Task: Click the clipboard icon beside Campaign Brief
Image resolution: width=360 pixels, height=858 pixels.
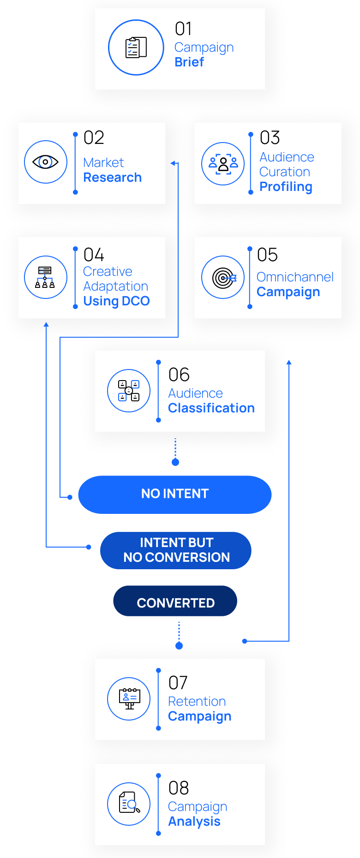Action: tap(136, 48)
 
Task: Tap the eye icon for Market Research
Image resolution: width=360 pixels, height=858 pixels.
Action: tap(45, 162)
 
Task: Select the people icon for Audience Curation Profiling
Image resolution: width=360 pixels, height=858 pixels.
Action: tap(223, 164)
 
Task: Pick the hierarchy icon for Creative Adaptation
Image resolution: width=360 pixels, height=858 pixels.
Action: tap(45, 277)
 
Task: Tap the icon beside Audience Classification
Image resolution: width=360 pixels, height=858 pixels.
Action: tap(129, 391)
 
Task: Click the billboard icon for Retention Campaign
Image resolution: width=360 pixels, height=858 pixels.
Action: tap(129, 699)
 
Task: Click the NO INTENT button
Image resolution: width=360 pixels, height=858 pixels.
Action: tap(175, 495)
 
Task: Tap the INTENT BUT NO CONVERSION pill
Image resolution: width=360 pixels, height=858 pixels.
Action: tap(176, 550)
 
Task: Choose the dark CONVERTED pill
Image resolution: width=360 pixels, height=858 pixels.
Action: tap(175, 601)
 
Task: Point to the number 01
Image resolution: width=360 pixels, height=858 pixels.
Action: tap(183, 29)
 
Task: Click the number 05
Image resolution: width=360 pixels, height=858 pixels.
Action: tap(267, 255)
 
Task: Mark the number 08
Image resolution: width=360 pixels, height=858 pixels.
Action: tap(179, 788)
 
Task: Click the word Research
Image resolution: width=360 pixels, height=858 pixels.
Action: tap(113, 178)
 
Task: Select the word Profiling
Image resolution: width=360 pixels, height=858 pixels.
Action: tap(286, 187)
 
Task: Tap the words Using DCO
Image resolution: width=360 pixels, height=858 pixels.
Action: tap(116, 301)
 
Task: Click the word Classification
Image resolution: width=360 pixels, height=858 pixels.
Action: tap(211, 408)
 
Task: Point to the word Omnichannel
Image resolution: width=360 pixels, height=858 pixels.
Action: tap(295, 277)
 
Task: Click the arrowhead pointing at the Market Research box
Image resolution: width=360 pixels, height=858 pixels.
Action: tap(173, 163)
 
